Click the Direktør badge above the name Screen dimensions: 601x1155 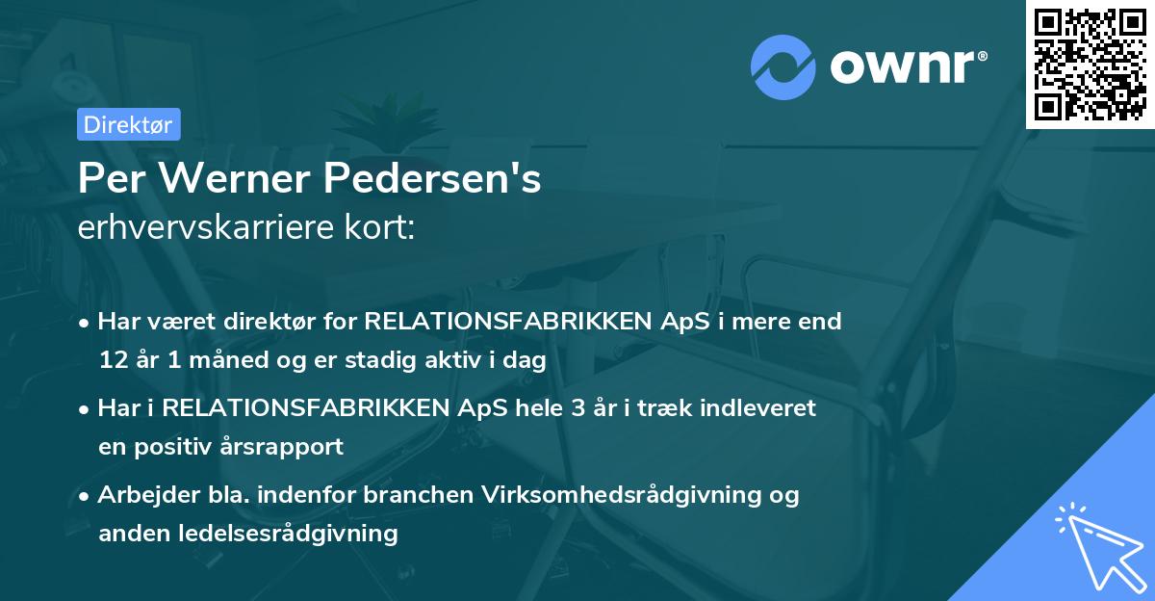tap(128, 124)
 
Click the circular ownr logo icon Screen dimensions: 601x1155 tap(783, 68)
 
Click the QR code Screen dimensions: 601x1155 tap(1090, 64)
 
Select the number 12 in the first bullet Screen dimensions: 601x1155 tap(111, 361)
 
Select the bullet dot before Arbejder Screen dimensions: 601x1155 tap(87, 496)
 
